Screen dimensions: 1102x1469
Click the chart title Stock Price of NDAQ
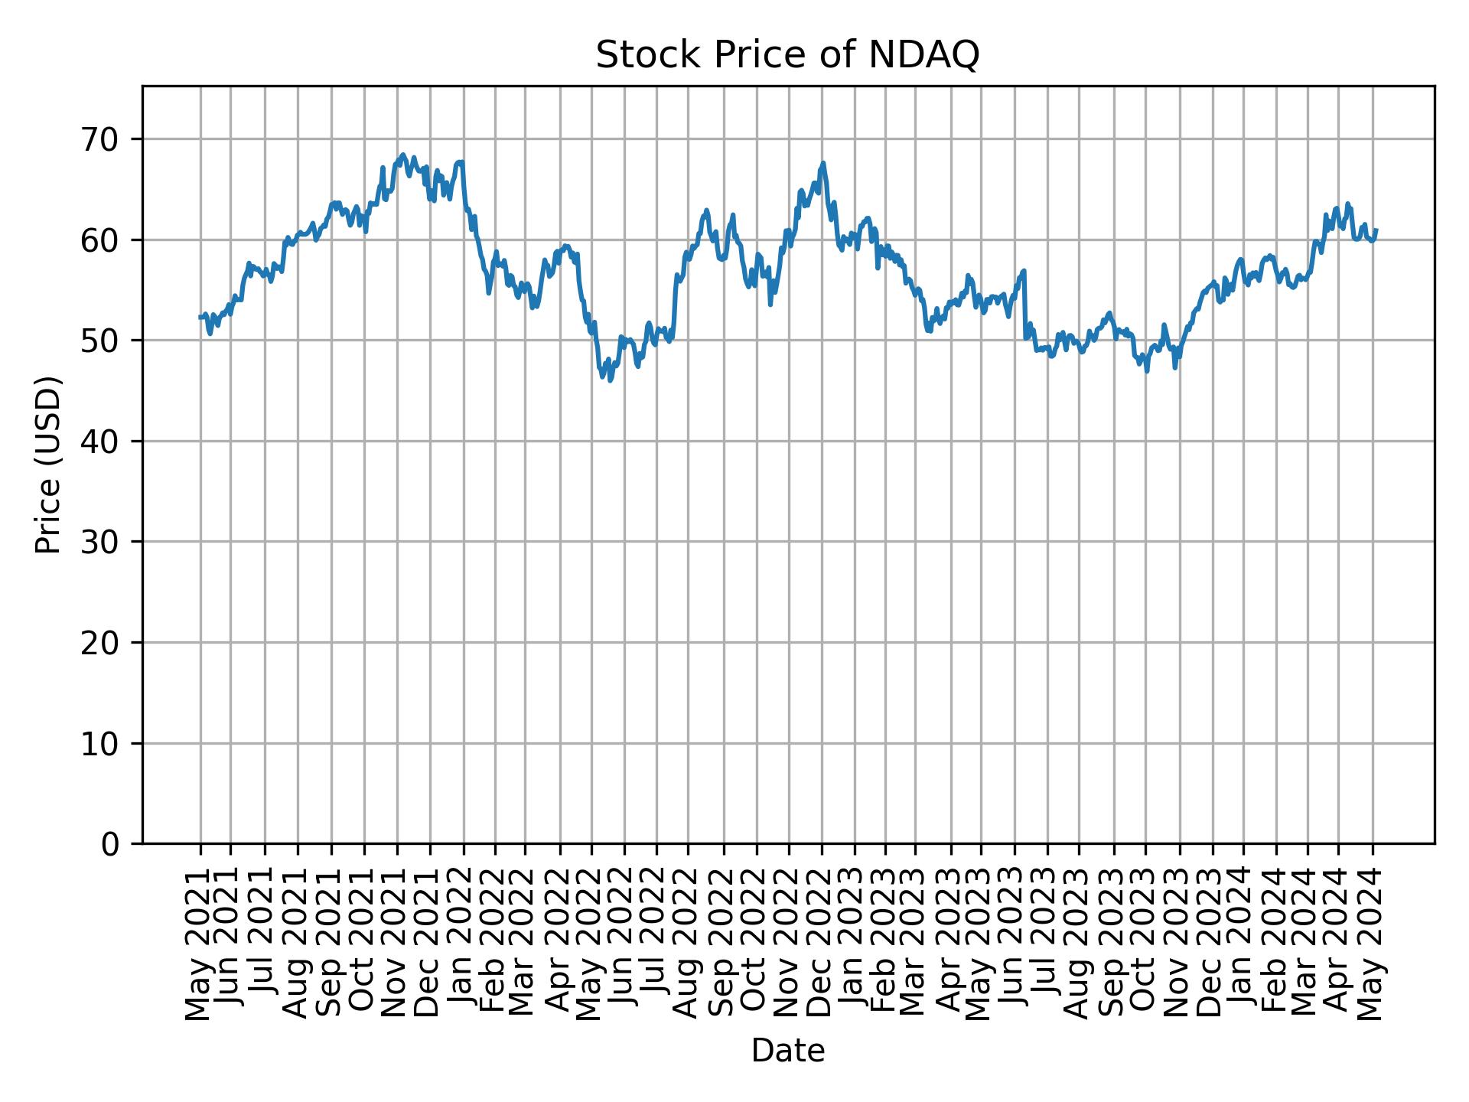[787, 55]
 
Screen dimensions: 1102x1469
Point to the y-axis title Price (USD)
[47, 465]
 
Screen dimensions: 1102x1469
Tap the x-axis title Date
[787, 1051]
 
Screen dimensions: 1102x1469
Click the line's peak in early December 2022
[823, 163]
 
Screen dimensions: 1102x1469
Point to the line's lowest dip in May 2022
[610, 380]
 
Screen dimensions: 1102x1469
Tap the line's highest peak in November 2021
[403, 155]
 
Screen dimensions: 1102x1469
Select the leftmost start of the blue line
[200, 317]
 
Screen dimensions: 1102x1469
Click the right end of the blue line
[1376, 230]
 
